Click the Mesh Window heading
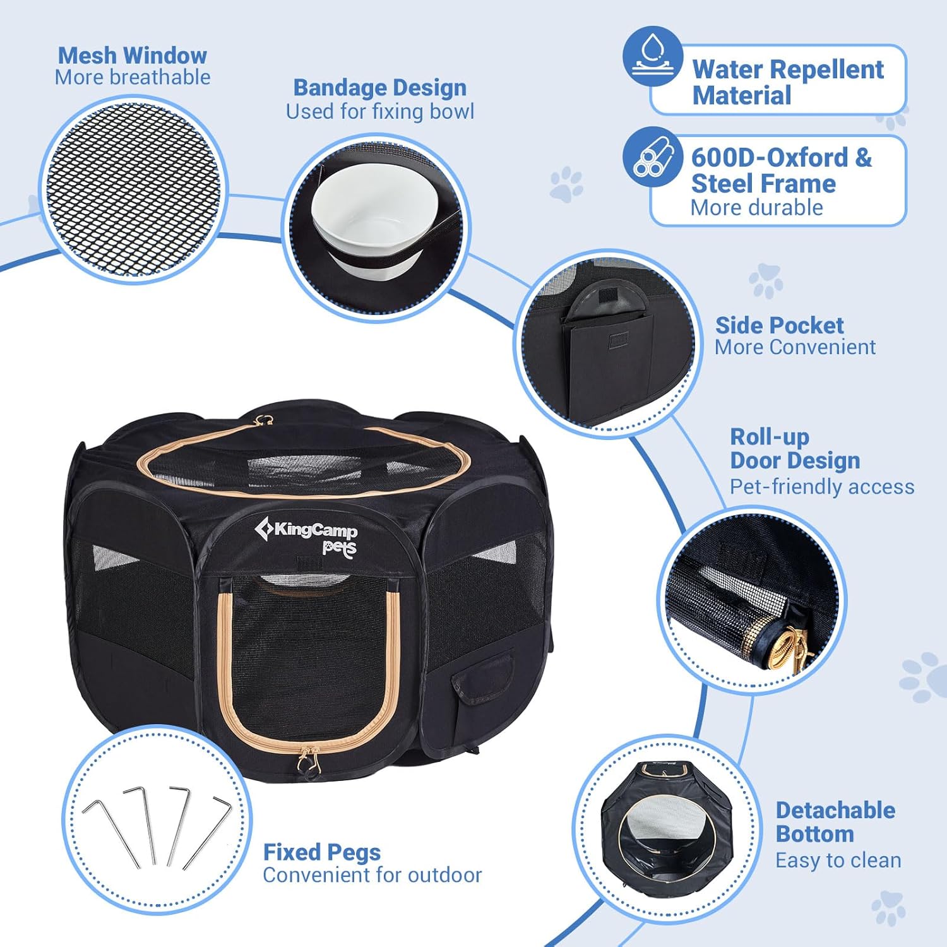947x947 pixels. [x=133, y=56]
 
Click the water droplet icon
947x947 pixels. [x=652, y=56]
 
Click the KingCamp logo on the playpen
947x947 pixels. [x=306, y=534]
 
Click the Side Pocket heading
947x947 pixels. [x=779, y=325]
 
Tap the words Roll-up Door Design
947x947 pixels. [x=795, y=449]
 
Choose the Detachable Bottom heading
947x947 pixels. [x=835, y=822]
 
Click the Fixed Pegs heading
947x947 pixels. [x=322, y=852]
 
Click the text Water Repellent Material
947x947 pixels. [x=787, y=82]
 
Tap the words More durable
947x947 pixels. [x=756, y=208]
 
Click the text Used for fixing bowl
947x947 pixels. [x=380, y=112]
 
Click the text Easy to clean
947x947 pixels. [x=838, y=861]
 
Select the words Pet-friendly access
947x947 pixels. [x=822, y=487]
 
